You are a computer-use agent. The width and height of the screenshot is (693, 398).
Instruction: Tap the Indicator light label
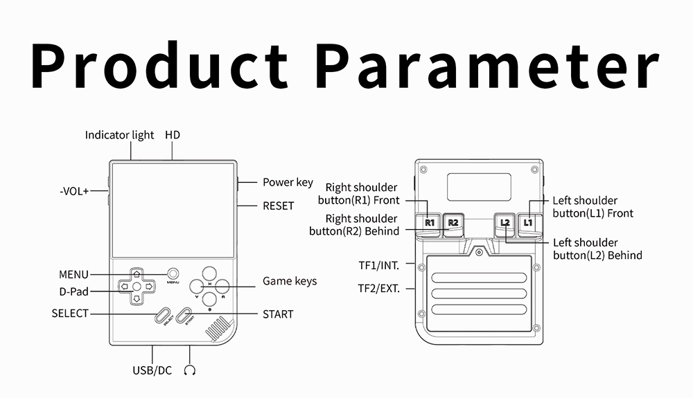click(x=119, y=135)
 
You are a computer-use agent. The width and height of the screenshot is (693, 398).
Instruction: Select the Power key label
click(x=288, y=183)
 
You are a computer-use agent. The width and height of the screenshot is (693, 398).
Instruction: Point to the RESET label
click(x=278, y=206)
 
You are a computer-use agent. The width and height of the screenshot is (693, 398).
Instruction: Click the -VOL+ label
click(x=74, y=191)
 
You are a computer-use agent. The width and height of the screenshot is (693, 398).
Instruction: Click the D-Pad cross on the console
click(x=137, y=285)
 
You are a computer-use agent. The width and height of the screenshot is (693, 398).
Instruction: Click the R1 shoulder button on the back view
click(x=430, y=222)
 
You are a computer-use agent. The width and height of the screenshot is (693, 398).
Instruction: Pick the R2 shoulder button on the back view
click(x=453, y=222)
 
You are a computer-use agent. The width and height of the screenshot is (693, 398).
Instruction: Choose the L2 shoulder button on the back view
click(x=505, y=222)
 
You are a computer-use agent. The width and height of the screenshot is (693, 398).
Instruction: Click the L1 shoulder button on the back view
click(x=528, y=222)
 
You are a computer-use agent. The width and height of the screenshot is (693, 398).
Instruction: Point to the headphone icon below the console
click(x=190, y=370)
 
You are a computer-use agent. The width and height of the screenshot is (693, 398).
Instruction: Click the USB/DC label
click(x=152, y=370)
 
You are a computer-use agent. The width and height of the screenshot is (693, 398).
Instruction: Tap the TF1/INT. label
click(x=378, y=264)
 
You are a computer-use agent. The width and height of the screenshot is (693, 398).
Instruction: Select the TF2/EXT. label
click(x=378, y=289)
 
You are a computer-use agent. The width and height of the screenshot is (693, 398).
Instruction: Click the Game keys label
click(x=290, y=281)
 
